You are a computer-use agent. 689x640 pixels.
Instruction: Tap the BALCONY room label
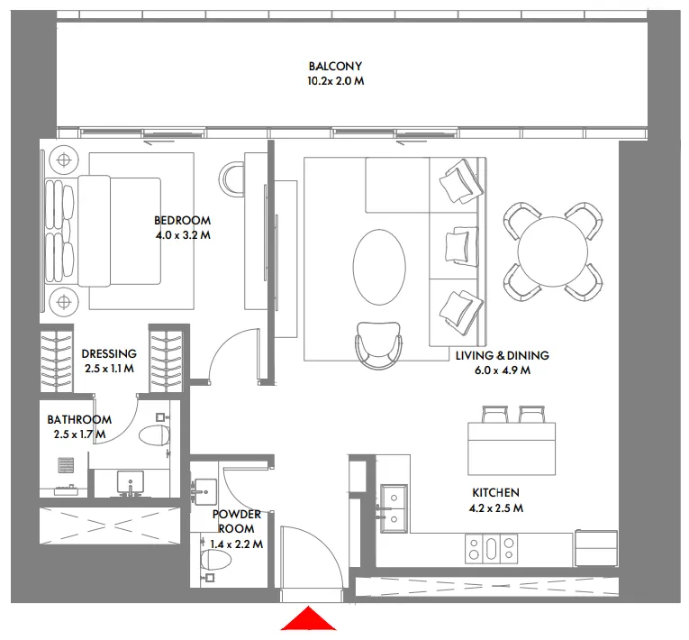pyautogui.click(x=335, y=66)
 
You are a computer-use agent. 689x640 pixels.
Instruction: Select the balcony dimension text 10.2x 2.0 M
pyautogui.click(x=335, y=81)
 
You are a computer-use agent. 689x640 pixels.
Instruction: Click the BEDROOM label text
pyautogui.click(x=182, y=220)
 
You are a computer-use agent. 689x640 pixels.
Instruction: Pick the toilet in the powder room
pyautogui.click(x=216, y=560)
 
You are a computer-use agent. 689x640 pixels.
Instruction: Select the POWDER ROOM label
pyautogui.click(x=237, y=521)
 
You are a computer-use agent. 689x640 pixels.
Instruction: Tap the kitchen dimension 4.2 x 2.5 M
pyautogui.click(x=495, y=508)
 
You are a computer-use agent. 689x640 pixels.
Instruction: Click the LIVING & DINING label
pyautogui.click(x=502, y=355)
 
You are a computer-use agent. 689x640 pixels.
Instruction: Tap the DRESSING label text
pyautogui.click(x=109, y=354)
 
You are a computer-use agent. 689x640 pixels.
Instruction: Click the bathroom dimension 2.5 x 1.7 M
pyautogui.click(x=79, y=434)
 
